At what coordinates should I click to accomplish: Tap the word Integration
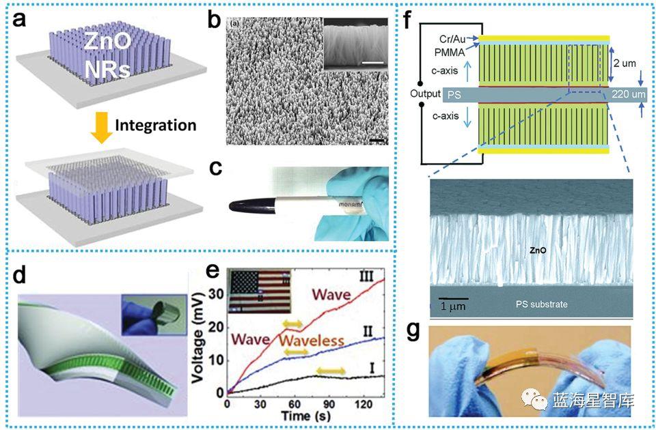pos(156,125)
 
